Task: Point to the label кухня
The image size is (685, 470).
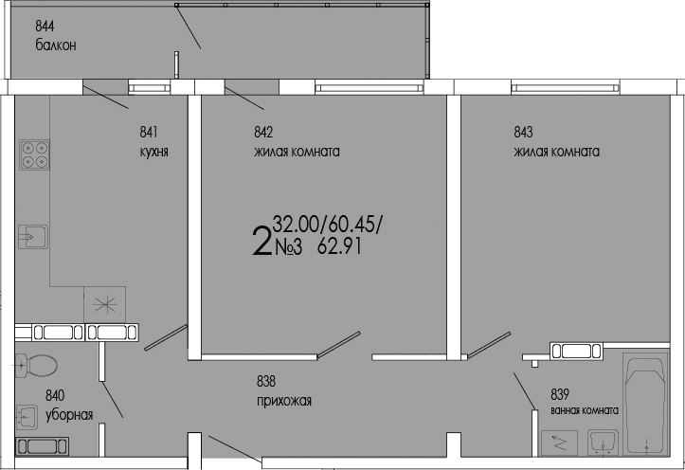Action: [153, 152]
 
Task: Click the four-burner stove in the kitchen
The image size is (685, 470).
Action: [35, 154]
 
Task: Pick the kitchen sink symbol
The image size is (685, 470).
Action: [31, 235]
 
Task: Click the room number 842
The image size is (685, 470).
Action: [263, 134]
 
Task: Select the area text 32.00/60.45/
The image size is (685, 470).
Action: [327, 225]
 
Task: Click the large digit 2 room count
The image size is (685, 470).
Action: [261, 241]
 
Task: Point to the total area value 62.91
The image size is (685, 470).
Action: [341, 249]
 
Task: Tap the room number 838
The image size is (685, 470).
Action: [266, 382]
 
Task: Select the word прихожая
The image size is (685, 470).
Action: [283, 401]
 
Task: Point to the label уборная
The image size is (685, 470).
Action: [68, 414]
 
